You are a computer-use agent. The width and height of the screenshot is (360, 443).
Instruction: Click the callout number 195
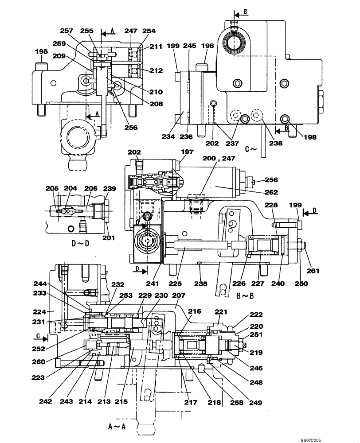tap(41, 52)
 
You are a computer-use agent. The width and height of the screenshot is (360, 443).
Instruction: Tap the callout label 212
tap(156, 70)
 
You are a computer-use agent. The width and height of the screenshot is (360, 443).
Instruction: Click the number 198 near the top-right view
tap(310, 137)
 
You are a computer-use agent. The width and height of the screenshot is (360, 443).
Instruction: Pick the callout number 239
tap(110, 189)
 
